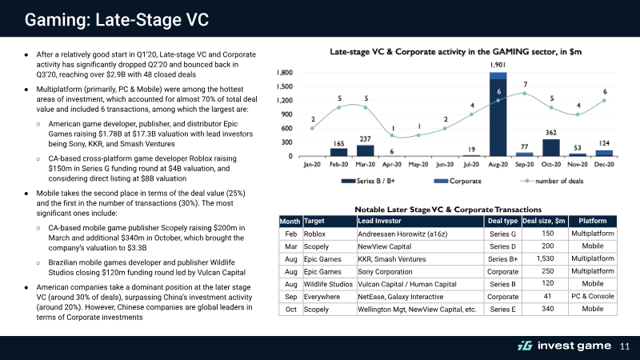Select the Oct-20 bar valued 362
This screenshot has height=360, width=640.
pos(551,148)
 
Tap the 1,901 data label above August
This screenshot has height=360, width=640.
pos(498,65)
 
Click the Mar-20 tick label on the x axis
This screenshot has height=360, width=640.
pos(365,165)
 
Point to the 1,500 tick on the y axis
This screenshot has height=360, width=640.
pos(285,86)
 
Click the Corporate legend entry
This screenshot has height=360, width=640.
pos(458,181)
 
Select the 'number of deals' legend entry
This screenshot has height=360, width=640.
pos(551,181)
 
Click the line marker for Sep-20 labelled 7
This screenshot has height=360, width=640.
pos(525,94)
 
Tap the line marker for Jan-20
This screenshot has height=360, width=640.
pos(312,129)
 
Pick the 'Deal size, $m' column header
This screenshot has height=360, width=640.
pos(544,221)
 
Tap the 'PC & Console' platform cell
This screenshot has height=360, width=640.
pos(593,296)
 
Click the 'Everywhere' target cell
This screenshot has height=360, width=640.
pos(322,297)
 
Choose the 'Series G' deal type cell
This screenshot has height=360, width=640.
pos(503,234)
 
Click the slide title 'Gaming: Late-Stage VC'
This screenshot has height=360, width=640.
pos(117,19)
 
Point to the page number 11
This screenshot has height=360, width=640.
pos(625,346)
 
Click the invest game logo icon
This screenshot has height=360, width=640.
pos(525,346)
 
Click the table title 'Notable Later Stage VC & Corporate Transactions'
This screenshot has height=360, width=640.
pos(448,210)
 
